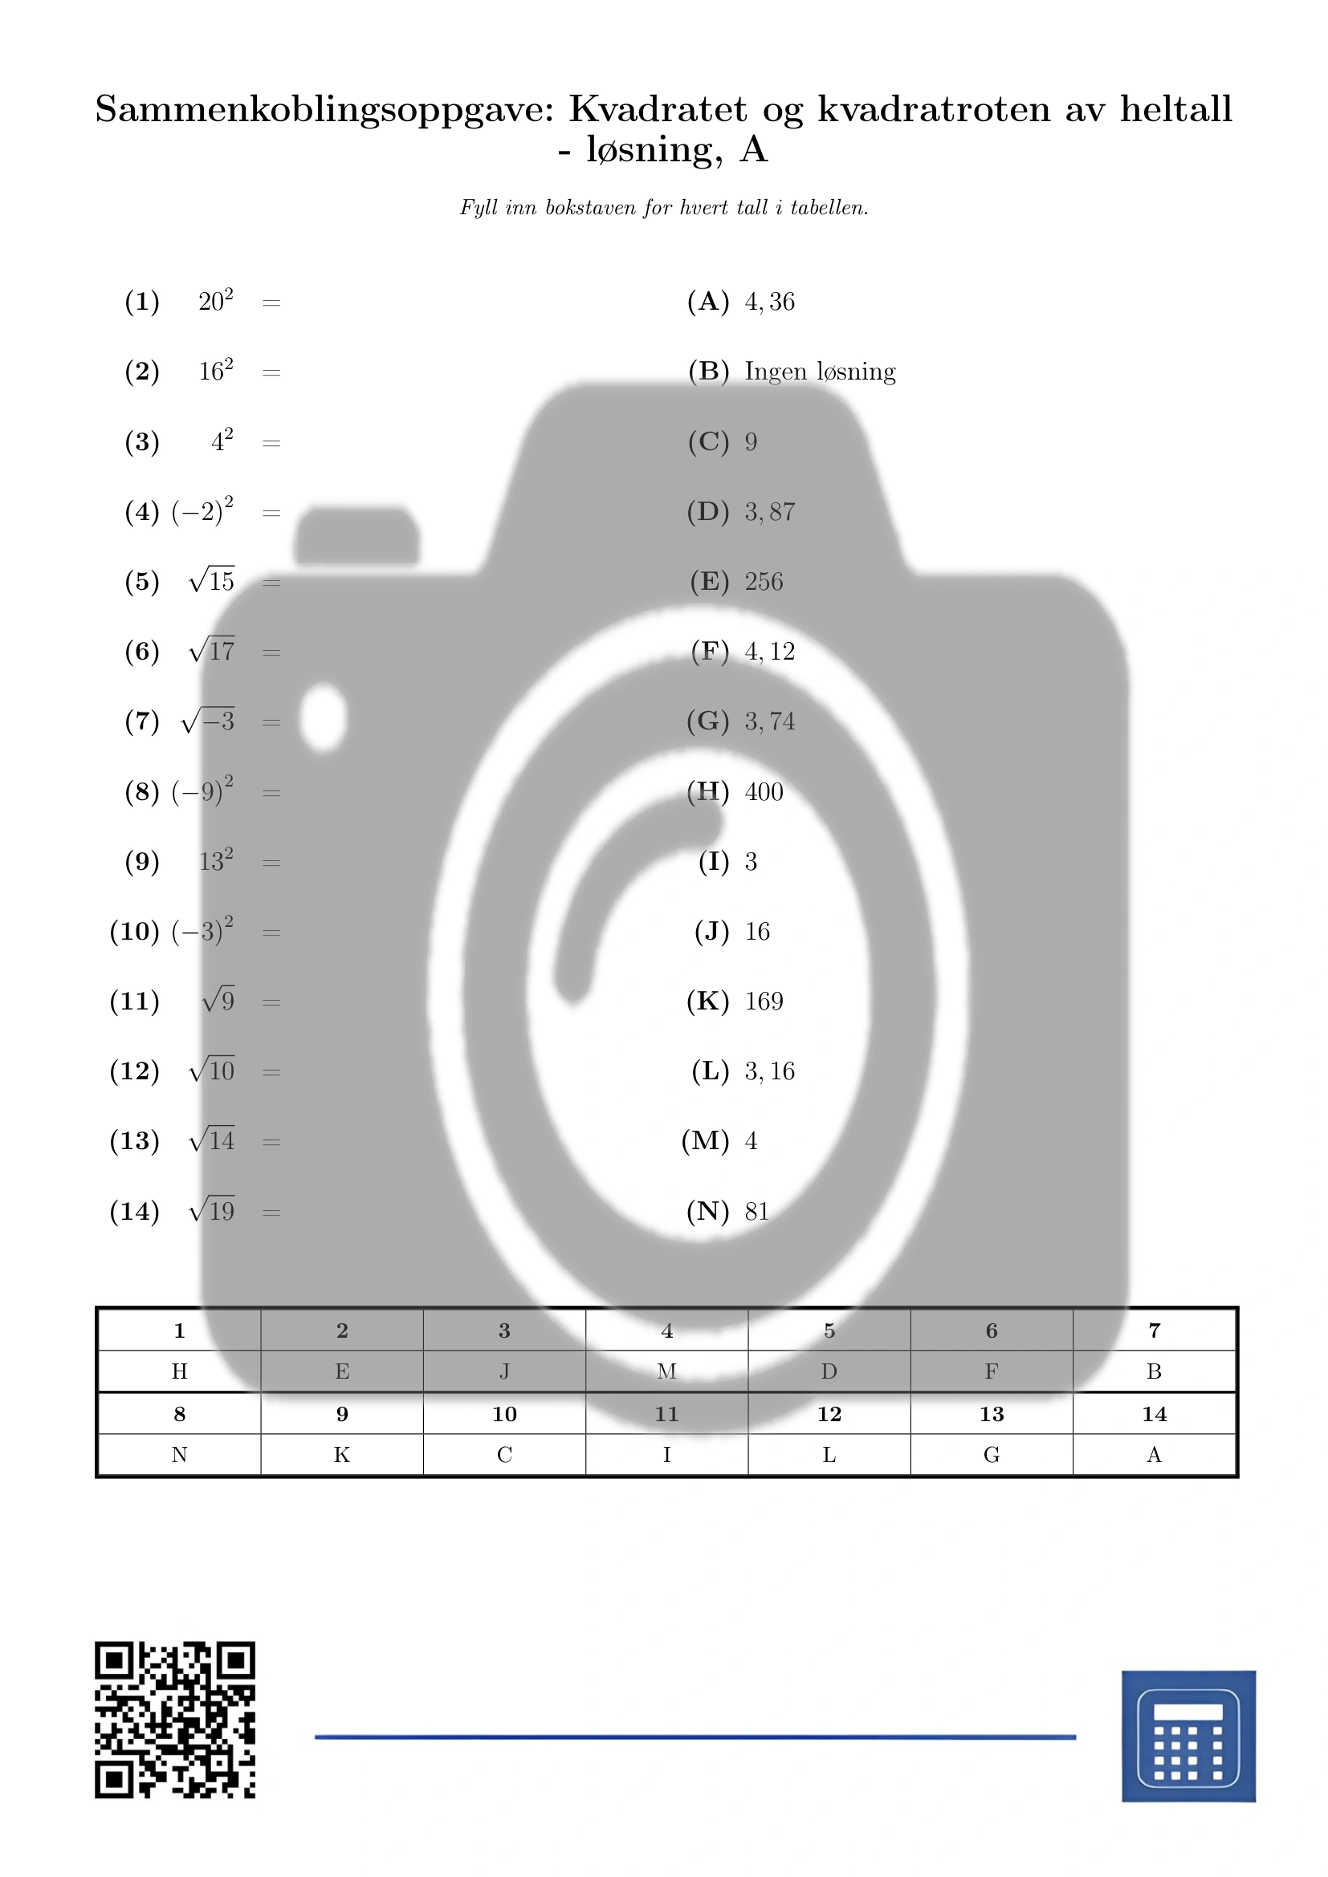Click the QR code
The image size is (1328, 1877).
tap(175, 1720)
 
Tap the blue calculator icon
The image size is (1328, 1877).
tap(1188, 1737)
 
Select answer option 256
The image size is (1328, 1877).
tap(764, 581)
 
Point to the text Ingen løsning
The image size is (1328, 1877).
tap(821, 372)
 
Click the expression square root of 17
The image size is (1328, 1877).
tap(212, 651)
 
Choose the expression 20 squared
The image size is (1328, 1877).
tap(216, 300)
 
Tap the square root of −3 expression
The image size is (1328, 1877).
tap(209, 721)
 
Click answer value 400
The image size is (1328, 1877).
tap(764, 791)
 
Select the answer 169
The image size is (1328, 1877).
tap(764, 1001)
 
